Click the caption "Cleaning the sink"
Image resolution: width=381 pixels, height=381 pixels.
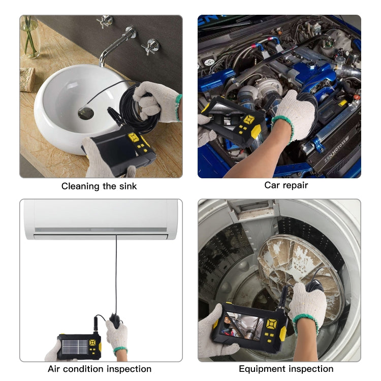pyautogui.click(x=99, y=186)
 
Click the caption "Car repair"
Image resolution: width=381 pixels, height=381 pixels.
pyautogui.click(x=286, y=185)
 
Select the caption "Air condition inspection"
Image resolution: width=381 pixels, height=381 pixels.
pyautogui.click(x=100, y=369)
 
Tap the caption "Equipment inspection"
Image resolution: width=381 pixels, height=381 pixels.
pyautogui.click(x=286, y=369)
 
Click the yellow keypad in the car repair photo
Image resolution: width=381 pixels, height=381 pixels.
pyautogui.click(x=248, y=120)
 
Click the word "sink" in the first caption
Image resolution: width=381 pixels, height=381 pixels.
pyautogui.click(x=126, y=186)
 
